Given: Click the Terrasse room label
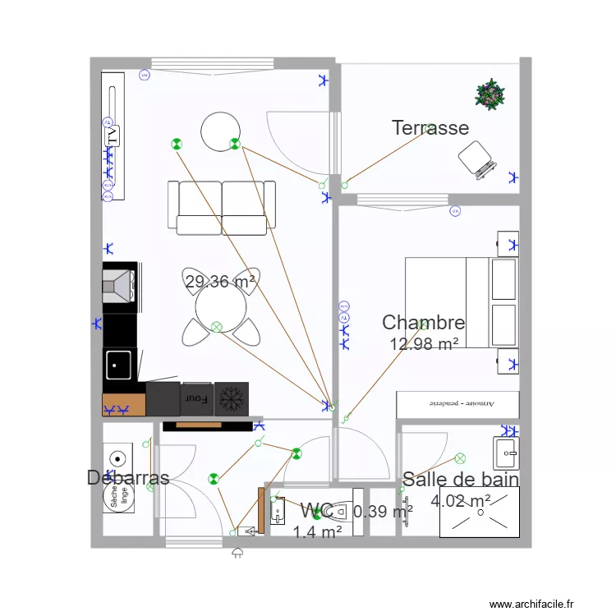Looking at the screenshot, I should click(430, 128).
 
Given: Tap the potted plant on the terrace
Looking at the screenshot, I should click(490, 94).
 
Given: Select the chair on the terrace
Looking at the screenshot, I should click(477, 158).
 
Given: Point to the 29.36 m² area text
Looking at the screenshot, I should click(220, 282).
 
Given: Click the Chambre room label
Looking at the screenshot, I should click(424, 323).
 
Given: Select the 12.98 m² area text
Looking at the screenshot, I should click(424, 344).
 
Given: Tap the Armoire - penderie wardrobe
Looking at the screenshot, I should click(457, 404).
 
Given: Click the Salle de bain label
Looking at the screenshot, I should click(460, 480).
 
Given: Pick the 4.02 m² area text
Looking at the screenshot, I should click(461, 500).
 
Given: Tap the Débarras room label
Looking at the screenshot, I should click(128, 478).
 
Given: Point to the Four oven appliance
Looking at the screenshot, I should click(197, 399).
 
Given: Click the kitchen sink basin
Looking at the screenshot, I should click(119, 365).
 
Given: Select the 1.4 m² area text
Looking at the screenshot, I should click(317, 532).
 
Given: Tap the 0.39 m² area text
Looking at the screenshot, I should click(383, 512).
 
